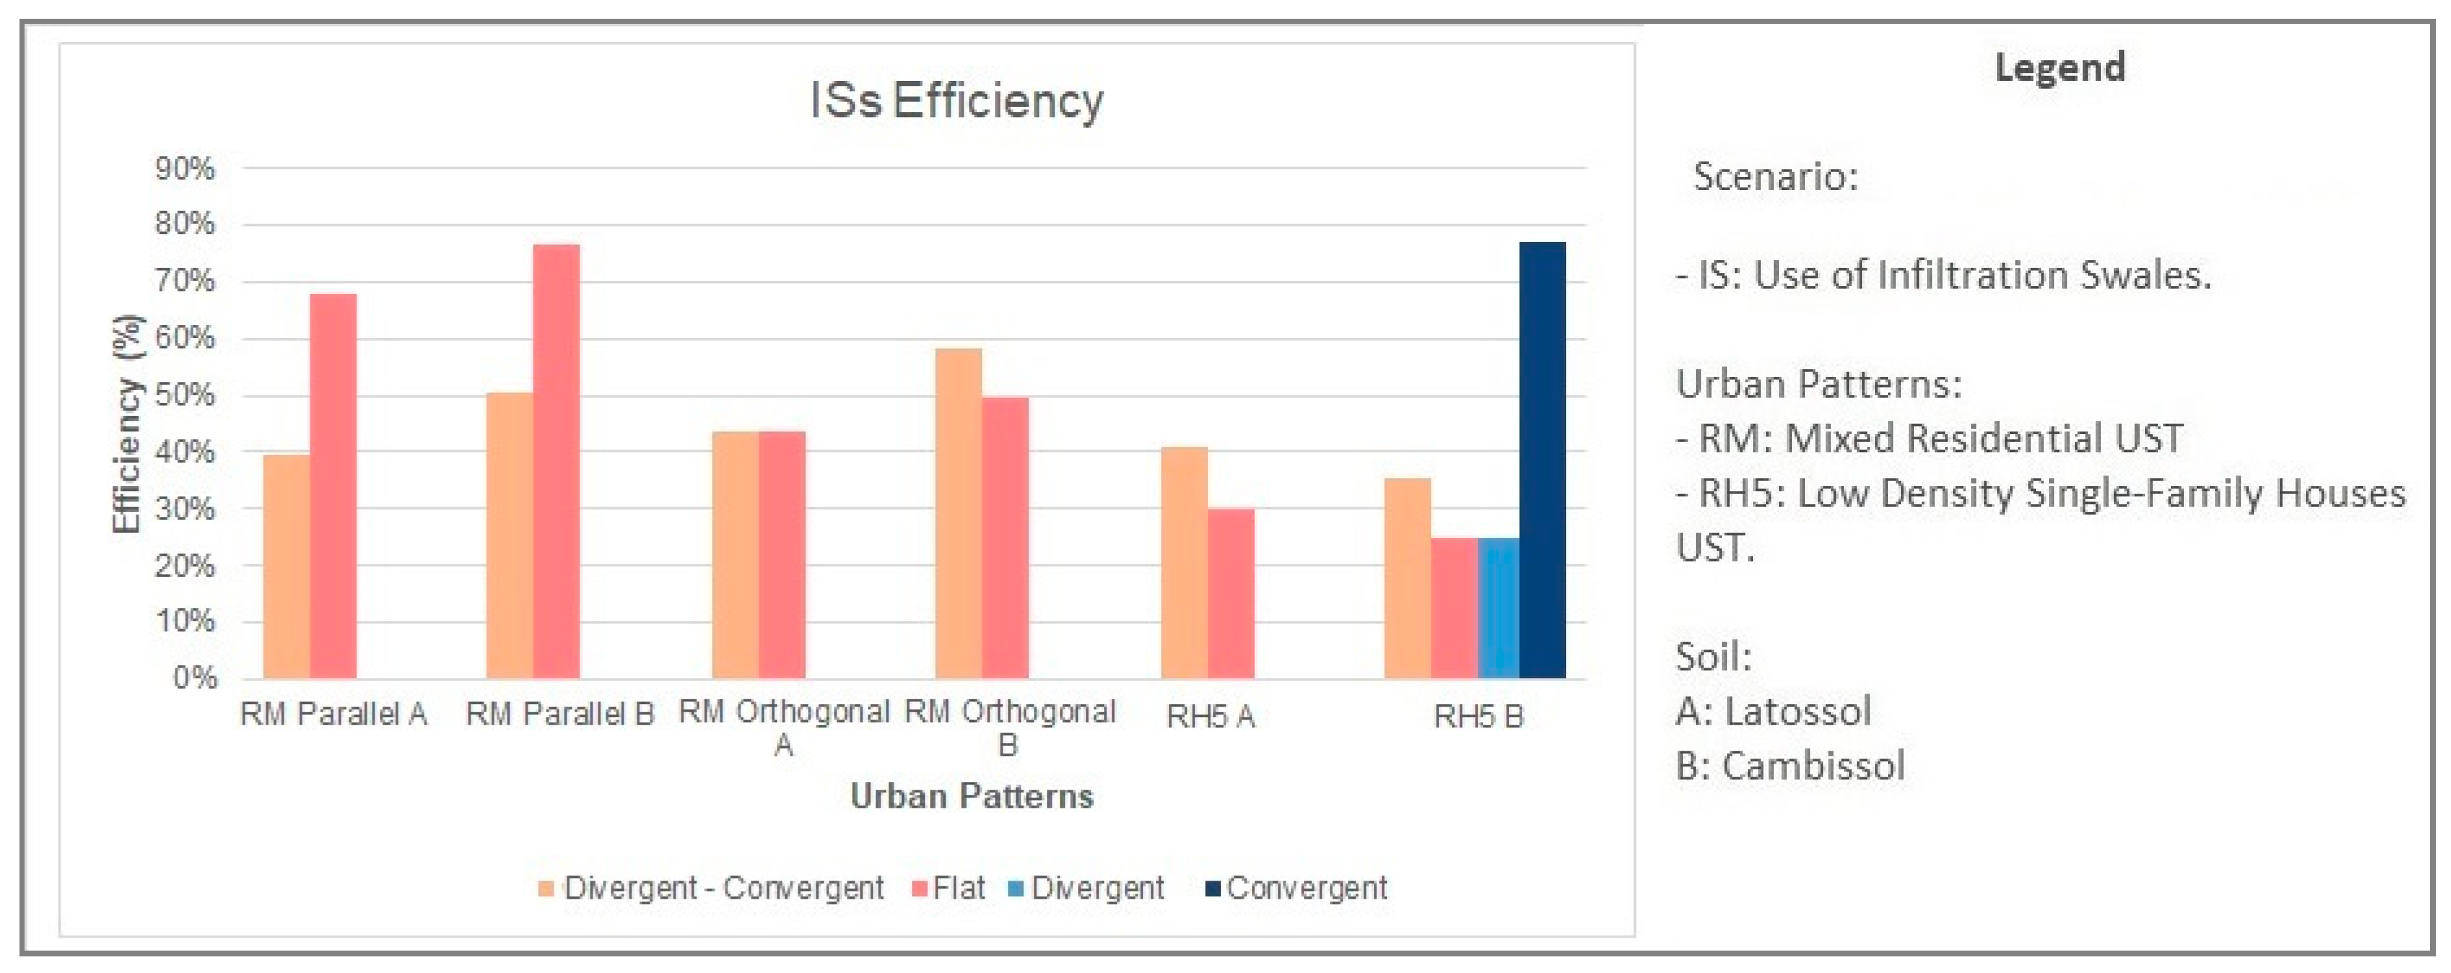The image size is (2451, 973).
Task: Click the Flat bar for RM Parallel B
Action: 556,461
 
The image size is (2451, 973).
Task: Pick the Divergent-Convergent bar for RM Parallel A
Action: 287,566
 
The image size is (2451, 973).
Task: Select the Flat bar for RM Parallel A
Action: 333,485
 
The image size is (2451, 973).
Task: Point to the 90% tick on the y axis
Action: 185,168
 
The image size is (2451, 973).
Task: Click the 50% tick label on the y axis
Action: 185,395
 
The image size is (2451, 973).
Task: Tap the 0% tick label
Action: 195,678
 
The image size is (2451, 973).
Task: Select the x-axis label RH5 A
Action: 1210,716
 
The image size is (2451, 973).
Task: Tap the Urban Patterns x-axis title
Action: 971,796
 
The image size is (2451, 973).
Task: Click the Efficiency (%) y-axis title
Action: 126,424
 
